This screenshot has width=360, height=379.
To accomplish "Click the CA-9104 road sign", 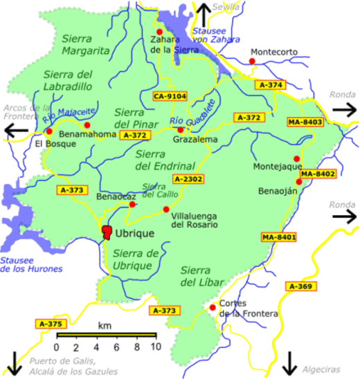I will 170,96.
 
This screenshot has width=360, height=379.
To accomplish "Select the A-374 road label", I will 270,85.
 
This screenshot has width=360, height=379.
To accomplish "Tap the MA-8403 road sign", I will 305,122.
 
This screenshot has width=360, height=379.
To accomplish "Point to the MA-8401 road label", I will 279,238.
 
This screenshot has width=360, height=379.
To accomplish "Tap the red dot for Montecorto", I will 252,62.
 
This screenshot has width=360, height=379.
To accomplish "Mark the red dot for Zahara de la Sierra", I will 160,32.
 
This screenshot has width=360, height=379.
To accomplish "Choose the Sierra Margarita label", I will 85,44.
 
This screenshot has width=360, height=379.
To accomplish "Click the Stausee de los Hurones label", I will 31,264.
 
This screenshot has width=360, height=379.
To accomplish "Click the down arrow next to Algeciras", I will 290,362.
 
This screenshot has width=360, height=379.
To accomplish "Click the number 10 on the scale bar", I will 156,346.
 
